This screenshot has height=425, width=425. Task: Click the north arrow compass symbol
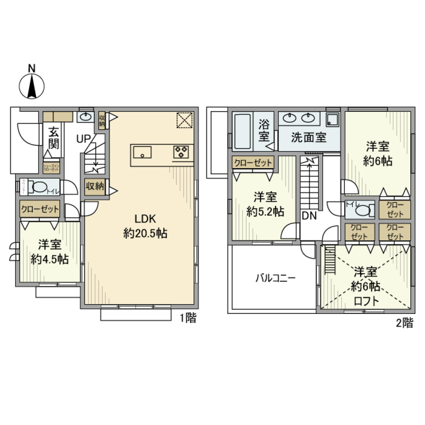[32, 85]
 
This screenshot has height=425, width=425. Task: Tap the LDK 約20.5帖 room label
[145, 226]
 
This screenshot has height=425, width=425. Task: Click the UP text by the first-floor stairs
[84, 139]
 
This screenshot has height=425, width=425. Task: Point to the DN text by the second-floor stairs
[309, 216]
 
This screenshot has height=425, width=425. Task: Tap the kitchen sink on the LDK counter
[142, 153]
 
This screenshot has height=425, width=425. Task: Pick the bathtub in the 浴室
[242, 131]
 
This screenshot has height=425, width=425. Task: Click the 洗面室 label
[309, 137]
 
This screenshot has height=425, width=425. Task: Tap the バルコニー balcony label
[275, 278]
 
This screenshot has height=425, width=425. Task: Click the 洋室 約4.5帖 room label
[49, 252]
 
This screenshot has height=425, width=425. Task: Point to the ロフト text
[366, 301]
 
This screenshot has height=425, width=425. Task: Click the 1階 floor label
[188, 318]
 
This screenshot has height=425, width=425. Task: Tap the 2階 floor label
[404, 323]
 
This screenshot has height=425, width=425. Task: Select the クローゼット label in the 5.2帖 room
[253, 163]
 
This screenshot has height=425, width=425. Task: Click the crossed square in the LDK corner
[185, 120]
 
